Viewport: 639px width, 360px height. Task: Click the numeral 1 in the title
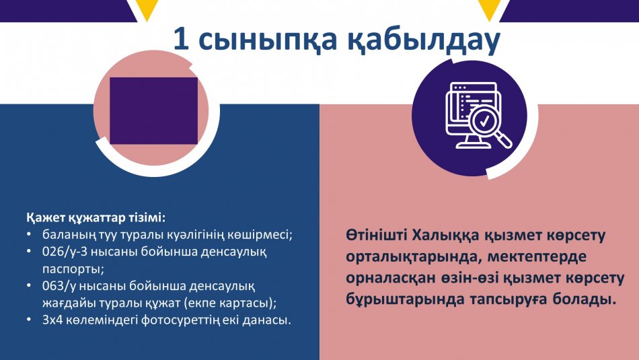click(x=182, y=40)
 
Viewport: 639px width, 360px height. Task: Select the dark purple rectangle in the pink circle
click(x=153, y=111)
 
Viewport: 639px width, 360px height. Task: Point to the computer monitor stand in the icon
click(x=467, y=142)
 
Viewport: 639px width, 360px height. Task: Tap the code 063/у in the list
click(x=59, y=286)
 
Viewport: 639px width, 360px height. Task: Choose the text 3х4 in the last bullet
click(x=51, y=320)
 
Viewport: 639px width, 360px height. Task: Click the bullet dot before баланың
click(x=28, y=235)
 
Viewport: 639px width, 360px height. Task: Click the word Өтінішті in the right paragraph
click(x=376, y=236)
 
